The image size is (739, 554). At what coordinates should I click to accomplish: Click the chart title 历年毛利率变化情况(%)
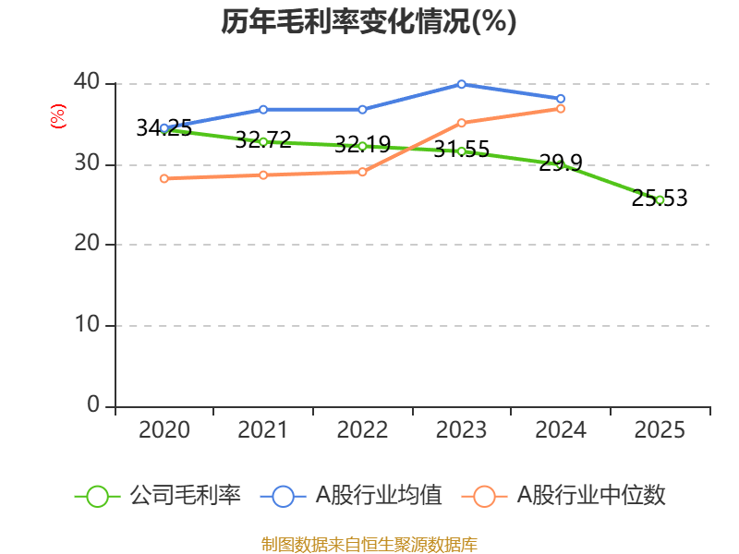pos(369,22)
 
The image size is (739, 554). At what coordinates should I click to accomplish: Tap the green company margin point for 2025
pos(660,199)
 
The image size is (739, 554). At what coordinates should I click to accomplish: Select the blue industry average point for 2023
pos(462,84)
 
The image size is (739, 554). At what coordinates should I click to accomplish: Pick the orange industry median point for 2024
pos(561,109)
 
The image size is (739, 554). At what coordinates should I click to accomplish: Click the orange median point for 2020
pos(164,178)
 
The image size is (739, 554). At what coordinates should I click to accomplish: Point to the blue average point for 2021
pos(263,109)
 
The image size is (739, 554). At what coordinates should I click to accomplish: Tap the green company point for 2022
pos(362,146)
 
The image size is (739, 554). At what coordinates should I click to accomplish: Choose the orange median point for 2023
pos(462,123)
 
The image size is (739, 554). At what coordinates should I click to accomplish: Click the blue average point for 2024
pos(561,99)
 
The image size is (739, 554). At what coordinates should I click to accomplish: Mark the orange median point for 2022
pos(362,172)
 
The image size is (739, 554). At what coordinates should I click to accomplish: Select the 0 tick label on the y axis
pos(93,405)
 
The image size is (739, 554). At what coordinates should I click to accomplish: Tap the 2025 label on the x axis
pos(660,430)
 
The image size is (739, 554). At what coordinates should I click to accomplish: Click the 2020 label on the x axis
pos(164,430)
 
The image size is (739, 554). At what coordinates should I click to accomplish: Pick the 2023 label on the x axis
pos(462,430)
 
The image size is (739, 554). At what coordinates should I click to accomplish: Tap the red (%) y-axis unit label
pos(57,117)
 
